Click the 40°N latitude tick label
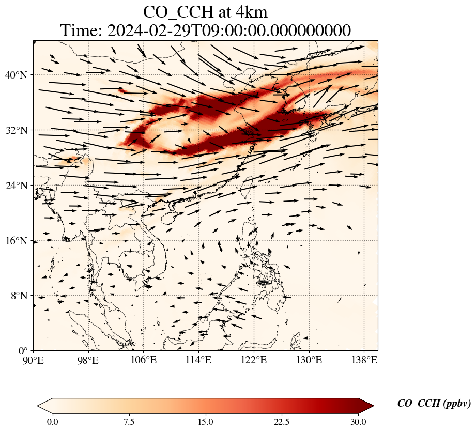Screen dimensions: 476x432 point(17,75)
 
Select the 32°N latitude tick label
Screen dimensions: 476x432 point(17,130)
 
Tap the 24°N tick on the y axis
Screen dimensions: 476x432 point(17,186)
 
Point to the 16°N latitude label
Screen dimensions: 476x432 point(17,241)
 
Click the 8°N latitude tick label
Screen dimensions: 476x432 point(20,296)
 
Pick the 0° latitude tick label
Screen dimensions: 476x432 point(23,351)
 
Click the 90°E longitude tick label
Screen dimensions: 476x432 point(34,360)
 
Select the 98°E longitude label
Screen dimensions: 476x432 point(88,360)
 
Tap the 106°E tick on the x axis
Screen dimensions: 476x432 point(144,360)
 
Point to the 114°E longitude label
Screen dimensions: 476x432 point(199,360)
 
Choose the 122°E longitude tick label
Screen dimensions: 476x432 point(254,360)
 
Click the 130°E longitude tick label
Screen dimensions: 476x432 point(310,360)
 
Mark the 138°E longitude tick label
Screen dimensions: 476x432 point(364,360)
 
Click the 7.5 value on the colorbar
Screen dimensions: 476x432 point(129,422)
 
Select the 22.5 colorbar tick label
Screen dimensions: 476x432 point(282,422)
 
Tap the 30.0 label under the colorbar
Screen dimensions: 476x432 point(358,422)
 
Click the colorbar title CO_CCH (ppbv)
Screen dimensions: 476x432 point(434,403)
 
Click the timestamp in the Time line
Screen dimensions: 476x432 point(229,30)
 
